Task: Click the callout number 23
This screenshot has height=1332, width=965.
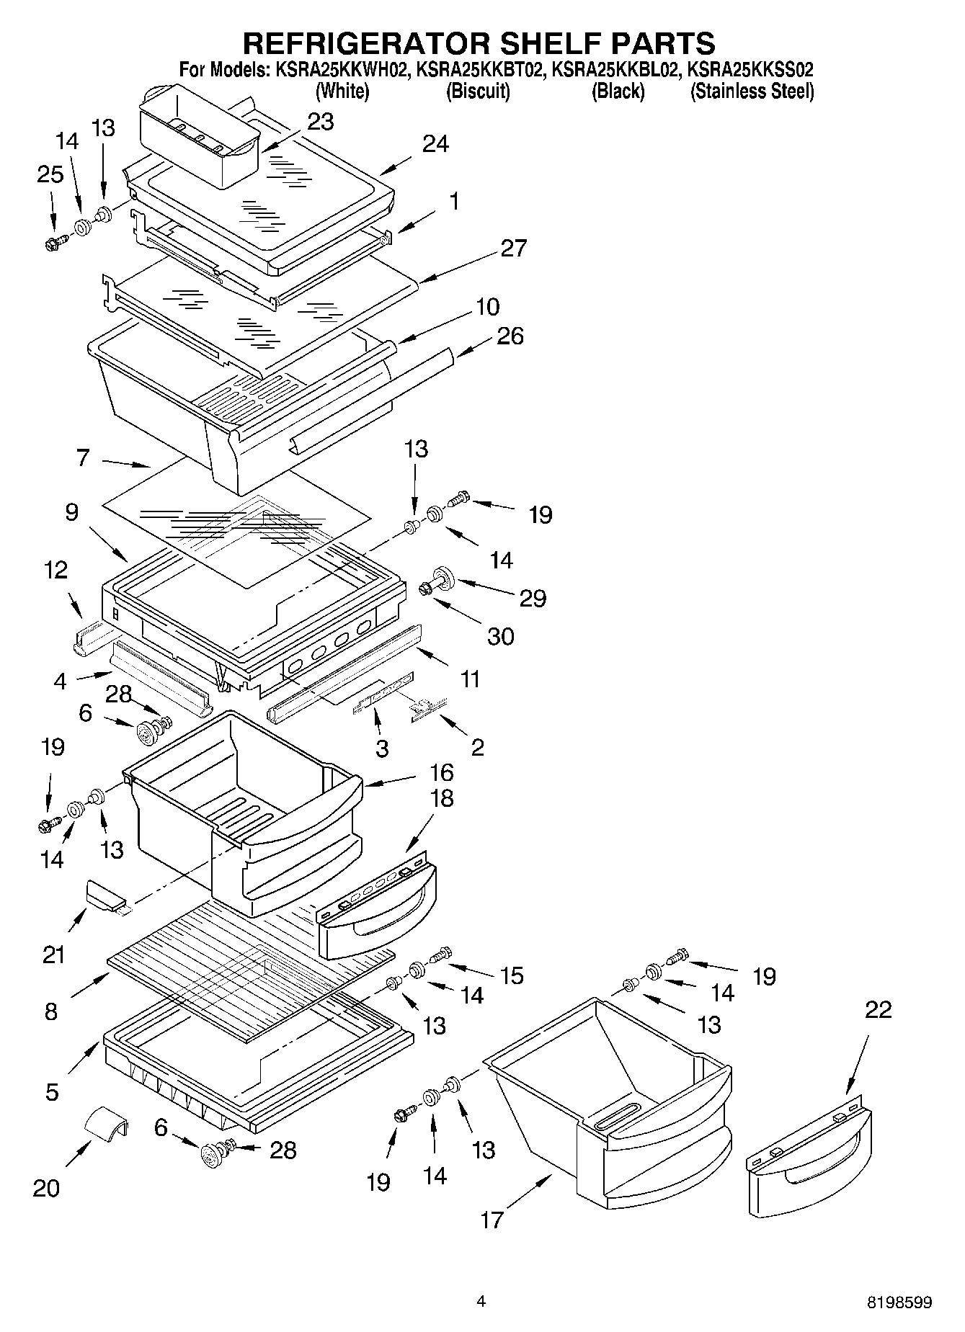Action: pyautogui.click(x=320, y=122)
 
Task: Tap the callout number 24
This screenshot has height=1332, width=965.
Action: pyautogui.click(x=435, y=144)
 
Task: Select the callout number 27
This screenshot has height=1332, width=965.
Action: pyautogui.click(x=513, y=248)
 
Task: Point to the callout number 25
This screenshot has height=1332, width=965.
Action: pyautogui.click(x=50, y=174)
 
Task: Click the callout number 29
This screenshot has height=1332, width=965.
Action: pyautogui.click(x=533, y=598)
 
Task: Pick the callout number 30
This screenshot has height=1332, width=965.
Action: pyautogui.click(x=501, y=636)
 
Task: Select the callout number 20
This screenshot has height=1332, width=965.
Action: pyautogui.click(x=46, y=1188)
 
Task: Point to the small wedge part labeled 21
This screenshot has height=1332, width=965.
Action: pyautogui.click(x=104, y=895)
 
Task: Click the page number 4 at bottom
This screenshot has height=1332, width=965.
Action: pyautogui.click(x=481, y=1301)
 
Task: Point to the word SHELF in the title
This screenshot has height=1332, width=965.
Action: pyautogui.click(x=545, y=43)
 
